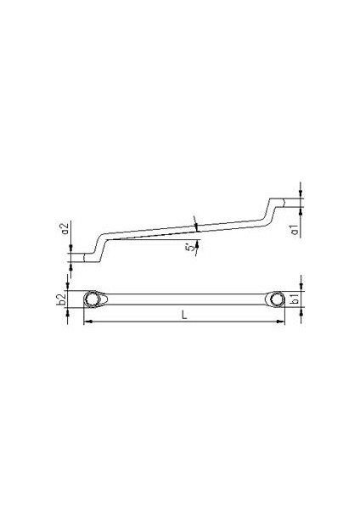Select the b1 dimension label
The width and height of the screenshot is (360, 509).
pos(293,299)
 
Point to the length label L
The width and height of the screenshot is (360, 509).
pos(185,316)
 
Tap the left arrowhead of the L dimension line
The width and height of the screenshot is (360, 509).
pos(87,322)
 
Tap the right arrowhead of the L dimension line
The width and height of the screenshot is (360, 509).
pos(282,322)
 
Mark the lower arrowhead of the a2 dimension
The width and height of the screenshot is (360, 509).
pos(71,259)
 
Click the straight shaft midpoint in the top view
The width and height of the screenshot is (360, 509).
pos(184,299)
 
